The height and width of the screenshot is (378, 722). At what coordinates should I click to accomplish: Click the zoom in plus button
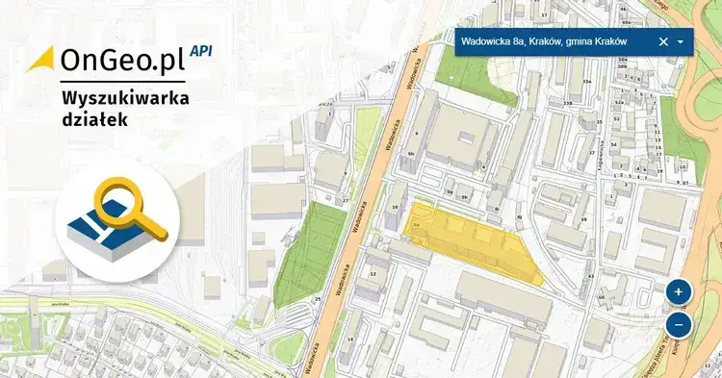[678, 291]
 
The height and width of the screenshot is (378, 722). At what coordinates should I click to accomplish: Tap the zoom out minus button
[678, 325]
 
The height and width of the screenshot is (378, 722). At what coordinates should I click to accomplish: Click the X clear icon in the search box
[662, 41]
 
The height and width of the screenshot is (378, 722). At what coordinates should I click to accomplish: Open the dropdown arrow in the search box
[681, 41]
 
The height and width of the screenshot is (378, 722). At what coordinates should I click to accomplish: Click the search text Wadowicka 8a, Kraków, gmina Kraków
[544, 41]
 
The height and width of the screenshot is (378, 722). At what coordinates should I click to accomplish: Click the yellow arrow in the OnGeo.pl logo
[41, 59]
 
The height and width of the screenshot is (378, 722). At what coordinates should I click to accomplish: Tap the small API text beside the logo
[201, 50]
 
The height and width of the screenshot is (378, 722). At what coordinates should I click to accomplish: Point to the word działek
[91, 121]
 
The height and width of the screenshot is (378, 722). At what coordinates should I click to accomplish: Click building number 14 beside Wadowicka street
[352, 340]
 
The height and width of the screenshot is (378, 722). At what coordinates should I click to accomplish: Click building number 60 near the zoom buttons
[601, 297]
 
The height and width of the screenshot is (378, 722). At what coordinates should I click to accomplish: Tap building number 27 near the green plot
[345, 200]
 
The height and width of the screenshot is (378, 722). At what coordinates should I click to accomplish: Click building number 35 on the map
[599, 124]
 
